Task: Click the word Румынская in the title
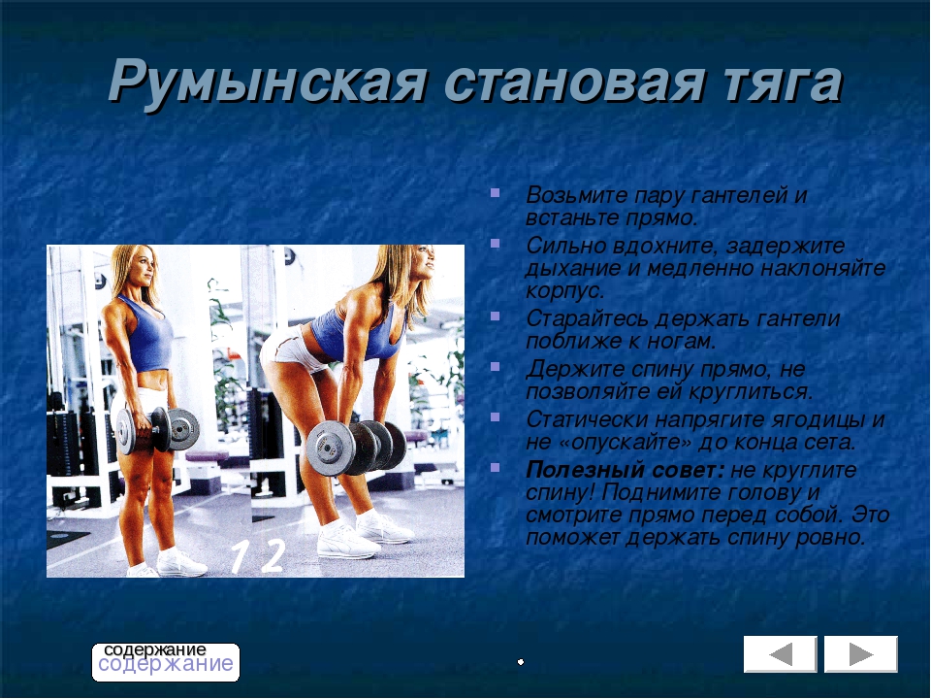pyautogui.click(x=267, y=82)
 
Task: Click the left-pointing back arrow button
pyautogui.click(x=780, y=653)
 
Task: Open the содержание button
pyautogui.click(x=166, y=661)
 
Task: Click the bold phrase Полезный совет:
pyautogui.click(x=626, y=470)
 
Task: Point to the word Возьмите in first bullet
pyautogui.click(x=575, y=195)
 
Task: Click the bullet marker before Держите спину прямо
pyautogui.click(x=495, y=366)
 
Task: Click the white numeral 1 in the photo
pyautogui.click(x=239, y=557)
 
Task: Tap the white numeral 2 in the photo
pyautogui.click(x=273, y=556)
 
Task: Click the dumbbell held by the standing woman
pyautogui.click(x=157, y=429)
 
